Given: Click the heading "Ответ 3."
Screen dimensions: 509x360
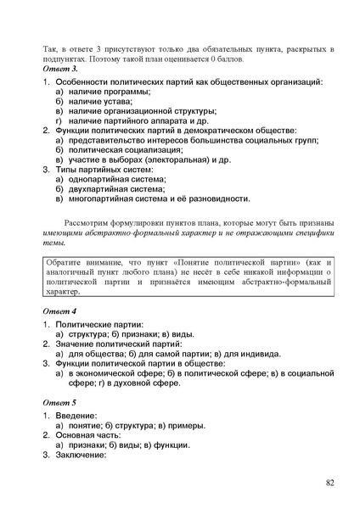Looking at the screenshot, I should point(60,67).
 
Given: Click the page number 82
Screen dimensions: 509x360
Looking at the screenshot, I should point(329,483).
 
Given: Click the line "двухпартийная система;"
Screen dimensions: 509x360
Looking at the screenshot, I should point(120,190).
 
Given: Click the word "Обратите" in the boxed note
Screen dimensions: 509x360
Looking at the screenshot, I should point(67,257).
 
